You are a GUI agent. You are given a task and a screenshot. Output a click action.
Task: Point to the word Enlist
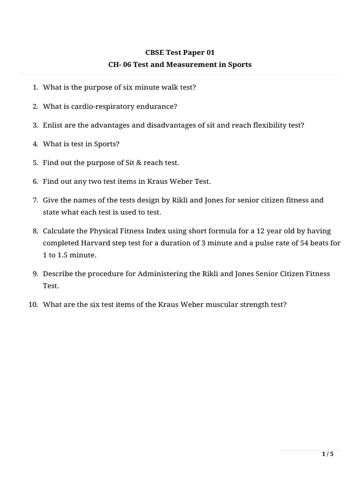53,125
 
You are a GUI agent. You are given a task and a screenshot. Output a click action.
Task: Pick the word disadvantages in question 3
169,125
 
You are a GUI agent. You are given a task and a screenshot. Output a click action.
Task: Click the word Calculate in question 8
59,231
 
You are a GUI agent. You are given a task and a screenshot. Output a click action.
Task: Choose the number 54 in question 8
294,243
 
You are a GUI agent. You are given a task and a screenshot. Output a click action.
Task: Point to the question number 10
32,305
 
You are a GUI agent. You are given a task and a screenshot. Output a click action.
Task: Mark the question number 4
35,144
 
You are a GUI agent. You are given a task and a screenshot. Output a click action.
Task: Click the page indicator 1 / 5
328,454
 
